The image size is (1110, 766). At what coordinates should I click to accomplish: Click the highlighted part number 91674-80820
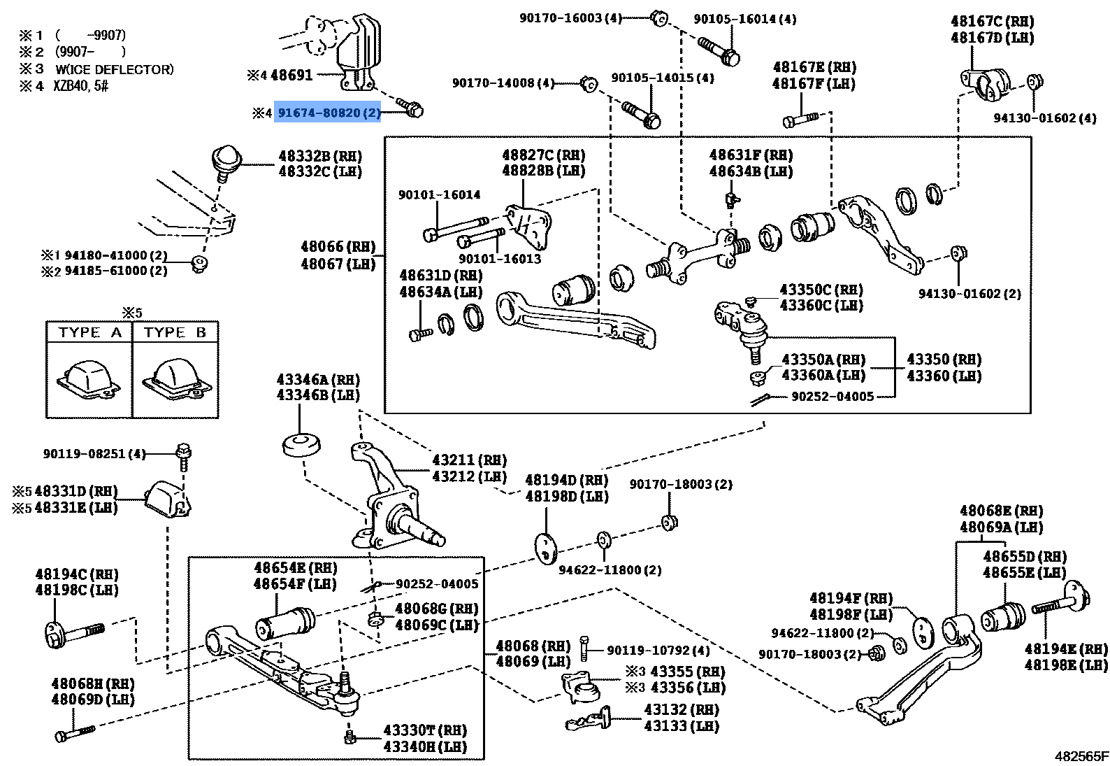(328, 112)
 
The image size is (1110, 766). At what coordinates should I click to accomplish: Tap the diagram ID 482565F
(1081, 756)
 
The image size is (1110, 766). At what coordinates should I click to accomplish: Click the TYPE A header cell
(89, 332)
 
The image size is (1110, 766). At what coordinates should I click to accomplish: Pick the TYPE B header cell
(175, 332)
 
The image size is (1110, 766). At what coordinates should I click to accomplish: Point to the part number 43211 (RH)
(469, 460)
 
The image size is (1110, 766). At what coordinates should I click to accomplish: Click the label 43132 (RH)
(682, 709)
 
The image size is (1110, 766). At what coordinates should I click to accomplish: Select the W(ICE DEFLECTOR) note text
(115, 69)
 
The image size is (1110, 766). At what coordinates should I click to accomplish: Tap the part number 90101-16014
(440, 195)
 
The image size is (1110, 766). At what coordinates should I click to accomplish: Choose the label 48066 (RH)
(338, 247)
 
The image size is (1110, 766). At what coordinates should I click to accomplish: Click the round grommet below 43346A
(301, 445)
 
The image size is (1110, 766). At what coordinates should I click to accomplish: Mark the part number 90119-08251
(94, 454)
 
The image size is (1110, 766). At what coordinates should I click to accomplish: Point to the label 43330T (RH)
(424, 730)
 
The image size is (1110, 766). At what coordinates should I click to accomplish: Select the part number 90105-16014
(744, 20)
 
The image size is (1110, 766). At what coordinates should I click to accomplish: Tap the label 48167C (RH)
(992, 22)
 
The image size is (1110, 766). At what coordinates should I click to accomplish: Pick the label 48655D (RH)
(1025, 557)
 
